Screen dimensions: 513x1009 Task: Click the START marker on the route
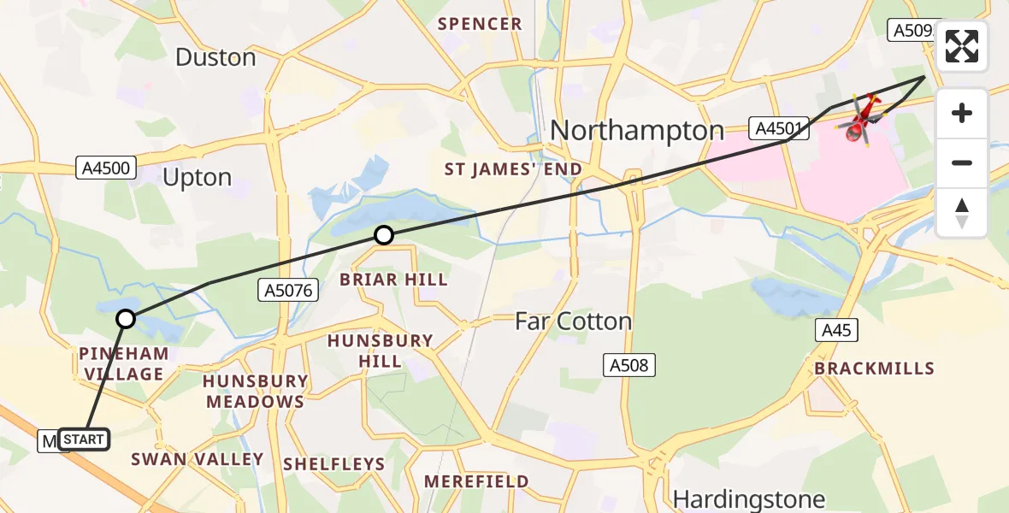[x=84, y=440]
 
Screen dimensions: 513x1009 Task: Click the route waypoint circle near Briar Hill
[x=384, y=235]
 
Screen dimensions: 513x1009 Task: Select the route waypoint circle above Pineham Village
[x=126, y=319]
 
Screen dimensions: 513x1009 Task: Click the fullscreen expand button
[x=962, y=46]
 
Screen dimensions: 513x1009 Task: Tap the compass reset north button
[x=962, y=212]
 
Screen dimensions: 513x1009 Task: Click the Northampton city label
[x=637, y=131]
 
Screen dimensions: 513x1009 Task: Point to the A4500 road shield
[x=106, y=168]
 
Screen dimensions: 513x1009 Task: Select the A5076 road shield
[x=288, y=292]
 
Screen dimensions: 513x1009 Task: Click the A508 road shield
[x=629, y=366]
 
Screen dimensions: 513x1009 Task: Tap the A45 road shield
[x=836, y=330]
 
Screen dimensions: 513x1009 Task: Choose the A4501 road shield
[x=777, y=129]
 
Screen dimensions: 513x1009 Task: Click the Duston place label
[x=215, y=57]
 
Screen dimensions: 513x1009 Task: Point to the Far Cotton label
[x=573, y=321]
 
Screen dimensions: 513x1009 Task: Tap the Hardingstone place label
[x=748, y=498]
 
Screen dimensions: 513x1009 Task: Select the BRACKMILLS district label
[x=874, y=369]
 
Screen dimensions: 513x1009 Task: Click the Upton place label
[x=197, y=178]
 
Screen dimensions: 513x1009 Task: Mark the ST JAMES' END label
[x=512, y=169]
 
